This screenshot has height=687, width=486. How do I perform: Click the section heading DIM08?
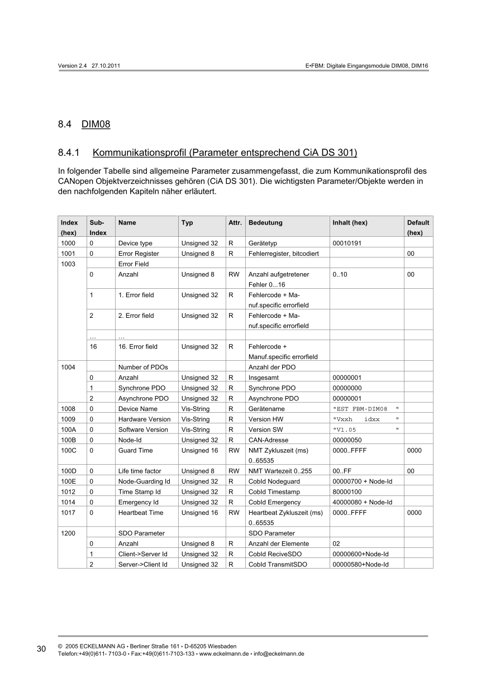(96, 124)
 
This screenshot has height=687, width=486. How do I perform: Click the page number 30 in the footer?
(41, 649)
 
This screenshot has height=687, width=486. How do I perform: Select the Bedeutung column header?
(265, 222)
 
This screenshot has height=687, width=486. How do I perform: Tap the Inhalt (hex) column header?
(350, 222)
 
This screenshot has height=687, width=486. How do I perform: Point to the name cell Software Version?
(143, 430)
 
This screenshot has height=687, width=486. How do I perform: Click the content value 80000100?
(347, 492)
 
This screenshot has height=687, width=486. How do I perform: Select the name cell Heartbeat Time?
(141, 513)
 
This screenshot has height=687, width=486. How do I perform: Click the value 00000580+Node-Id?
(360, 565)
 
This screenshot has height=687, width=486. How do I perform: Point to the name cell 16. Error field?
(138, 347)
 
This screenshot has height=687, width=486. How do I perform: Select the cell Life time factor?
(140, 471)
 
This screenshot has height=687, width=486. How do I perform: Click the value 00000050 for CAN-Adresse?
(347, 440)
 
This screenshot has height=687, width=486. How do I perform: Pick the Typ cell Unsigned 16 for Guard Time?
(199, 450)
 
